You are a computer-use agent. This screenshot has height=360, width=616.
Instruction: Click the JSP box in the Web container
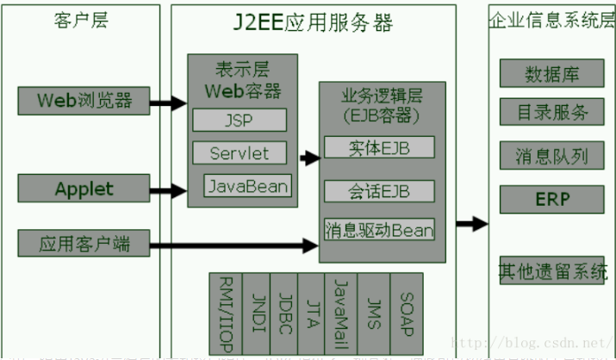239,120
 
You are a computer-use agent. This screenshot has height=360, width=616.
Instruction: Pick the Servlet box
239,153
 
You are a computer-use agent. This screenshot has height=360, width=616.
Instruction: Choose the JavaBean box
247,185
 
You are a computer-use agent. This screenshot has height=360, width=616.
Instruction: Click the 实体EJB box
379,147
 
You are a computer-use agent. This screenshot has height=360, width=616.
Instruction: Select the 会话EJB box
379,189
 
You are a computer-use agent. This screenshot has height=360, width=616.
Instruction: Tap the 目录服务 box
551,113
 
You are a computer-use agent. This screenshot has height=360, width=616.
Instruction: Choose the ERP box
551,199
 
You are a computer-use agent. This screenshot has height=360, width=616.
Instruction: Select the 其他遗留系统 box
551,272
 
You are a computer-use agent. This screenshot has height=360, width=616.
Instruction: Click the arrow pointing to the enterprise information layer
471,225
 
